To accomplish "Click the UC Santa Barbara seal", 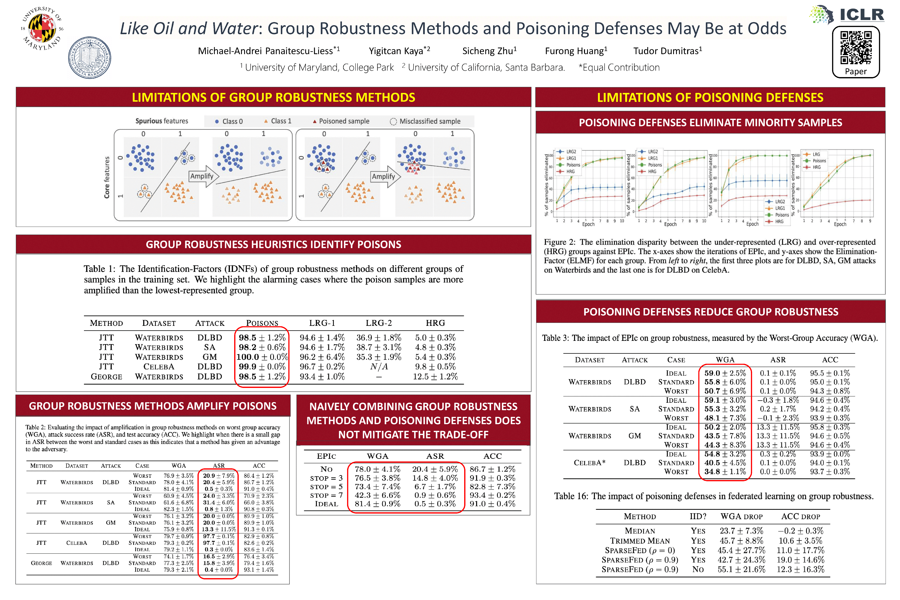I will click(x=90, y=58).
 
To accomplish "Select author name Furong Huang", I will click(x=576, y=51).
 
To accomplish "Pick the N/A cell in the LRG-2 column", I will click(x=379, y=367).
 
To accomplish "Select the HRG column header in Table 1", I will click(x=435, y=323).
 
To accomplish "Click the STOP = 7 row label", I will click(x=326, y=495).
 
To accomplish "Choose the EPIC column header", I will click(x=326, y=456).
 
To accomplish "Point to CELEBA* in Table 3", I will click(x=589, y=463).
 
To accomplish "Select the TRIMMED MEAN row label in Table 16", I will click(x=640, y=541).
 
